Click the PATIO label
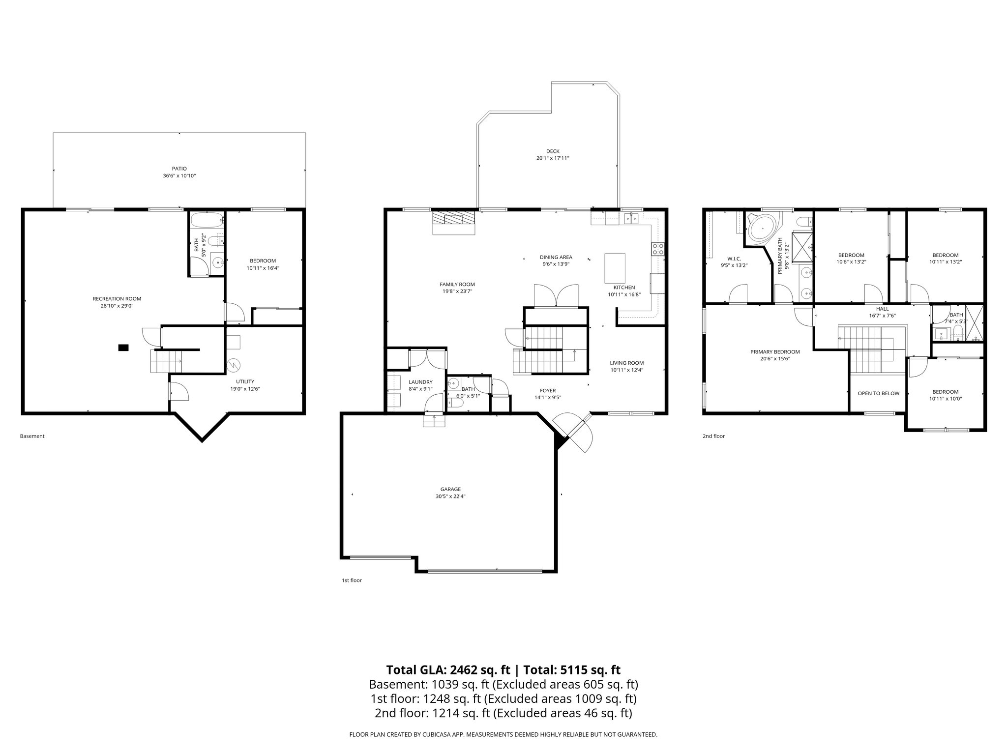click(x=179, y=169)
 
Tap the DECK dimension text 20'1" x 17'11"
click(x=553, y=158)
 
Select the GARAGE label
click(x=450, y=489)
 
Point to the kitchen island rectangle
click(x=615, y=267)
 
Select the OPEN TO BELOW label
click(x=878, y=393)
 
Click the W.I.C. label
click(x=734, y=259)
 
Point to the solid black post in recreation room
click(x=123, y=348)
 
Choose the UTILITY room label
click(x=245, y=381)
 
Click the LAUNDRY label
click(x=420, y=382)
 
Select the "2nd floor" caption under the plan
click(x=713, y=436)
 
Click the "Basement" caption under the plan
click(x=32, y=436)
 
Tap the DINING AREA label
click(x=556, y=257)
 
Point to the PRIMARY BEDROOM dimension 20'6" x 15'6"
click(x=775, y=359)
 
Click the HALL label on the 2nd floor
click(x=882, y=309)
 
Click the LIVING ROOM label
click(x=626, y=363)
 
